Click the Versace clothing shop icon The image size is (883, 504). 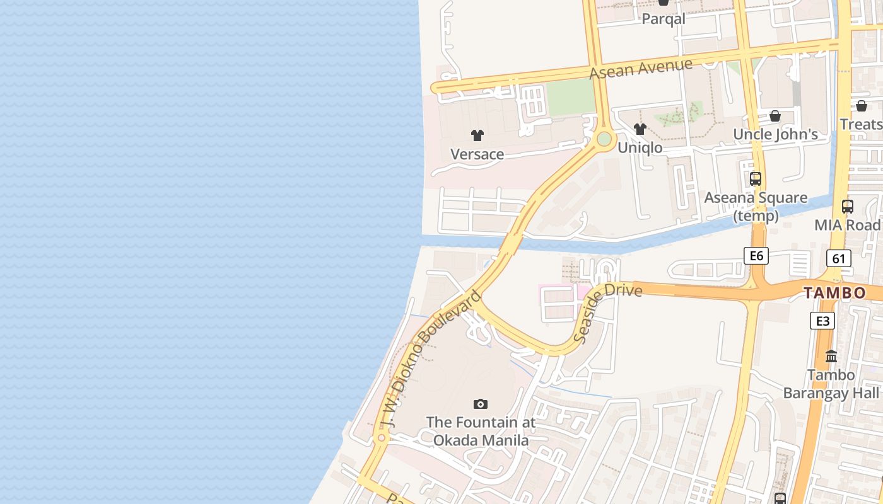(477, 135)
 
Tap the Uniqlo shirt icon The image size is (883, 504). (640, 129)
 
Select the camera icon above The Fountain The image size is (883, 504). (481, 404)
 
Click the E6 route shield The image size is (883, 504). (756, 255)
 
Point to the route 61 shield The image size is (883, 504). (839, 258)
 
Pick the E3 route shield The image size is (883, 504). (822, 321)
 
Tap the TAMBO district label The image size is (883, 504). (834, 293)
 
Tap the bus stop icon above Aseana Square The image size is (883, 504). (756, 179)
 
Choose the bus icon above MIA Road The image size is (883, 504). (848, 206)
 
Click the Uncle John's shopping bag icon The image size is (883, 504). (775, 116)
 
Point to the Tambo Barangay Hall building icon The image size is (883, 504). (831, 357)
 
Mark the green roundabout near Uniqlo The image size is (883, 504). (604, 139)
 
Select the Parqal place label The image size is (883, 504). (664, 19)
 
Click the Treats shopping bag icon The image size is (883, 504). (862, 106)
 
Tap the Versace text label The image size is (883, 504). (477, 154)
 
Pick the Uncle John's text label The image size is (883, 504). (775, 134)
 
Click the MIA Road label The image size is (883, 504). (847, 225)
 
